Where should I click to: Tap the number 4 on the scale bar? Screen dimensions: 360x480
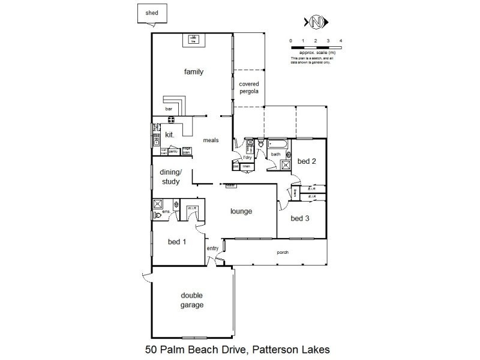click(x=341, y=41)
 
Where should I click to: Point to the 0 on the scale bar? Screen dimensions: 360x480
click(x=291, y=41)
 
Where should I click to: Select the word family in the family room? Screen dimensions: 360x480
click(x=194, y=72)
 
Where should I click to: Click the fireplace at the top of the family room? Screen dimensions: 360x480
click(x=194, y=40)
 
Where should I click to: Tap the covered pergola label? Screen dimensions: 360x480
click(x=248, y=88)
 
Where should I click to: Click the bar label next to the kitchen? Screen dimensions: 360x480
click(x=169, y=109)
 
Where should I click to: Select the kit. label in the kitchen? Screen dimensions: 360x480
click(x=169, y=136)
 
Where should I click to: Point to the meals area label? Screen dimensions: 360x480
click(x=210, y=140)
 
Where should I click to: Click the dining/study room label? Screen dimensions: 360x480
click(x=170, y=178)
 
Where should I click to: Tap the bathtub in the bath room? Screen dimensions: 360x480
click(x=277, y=145)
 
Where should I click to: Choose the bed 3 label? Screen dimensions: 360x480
click(x=300, y=218)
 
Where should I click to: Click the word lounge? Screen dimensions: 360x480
click(x=241, y=211)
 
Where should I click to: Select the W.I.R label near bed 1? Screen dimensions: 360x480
click(x=193, y=208)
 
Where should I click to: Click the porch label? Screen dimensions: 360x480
click(x=283, y=253)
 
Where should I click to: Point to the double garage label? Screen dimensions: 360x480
click(x=192, y=300)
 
